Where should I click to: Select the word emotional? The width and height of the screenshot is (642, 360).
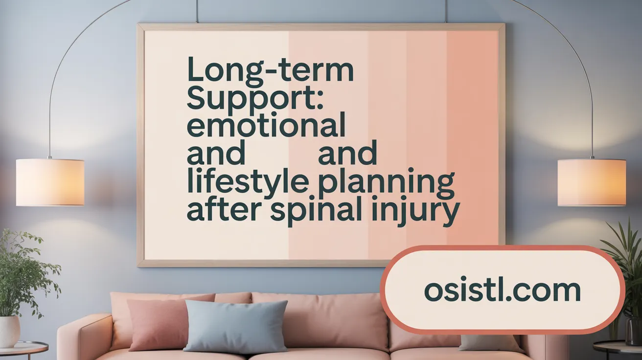(266, 126)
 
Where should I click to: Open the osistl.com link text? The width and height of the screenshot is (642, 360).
(502, 291)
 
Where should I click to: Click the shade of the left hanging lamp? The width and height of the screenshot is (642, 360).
(50, 182)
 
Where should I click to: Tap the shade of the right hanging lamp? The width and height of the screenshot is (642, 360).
(592, 182)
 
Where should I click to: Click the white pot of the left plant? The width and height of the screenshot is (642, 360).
(9, 331)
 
